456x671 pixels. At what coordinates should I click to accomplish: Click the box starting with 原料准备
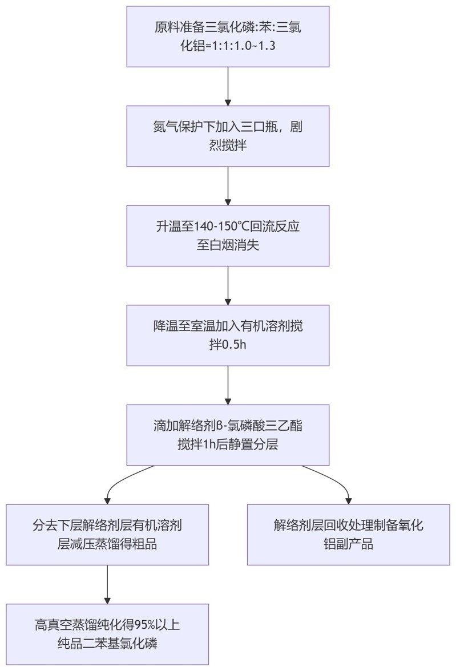click(228, 36)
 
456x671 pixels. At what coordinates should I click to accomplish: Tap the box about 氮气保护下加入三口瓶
click(228, 136)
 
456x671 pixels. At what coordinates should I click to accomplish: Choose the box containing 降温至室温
click(228, 335)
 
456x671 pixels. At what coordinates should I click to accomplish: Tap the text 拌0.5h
click(228, 345)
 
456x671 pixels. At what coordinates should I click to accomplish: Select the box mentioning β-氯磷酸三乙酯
click(228, 435)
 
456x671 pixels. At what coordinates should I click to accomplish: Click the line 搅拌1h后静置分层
click(228, 445)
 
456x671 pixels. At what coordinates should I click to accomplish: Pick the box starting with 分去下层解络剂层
click(107, 534)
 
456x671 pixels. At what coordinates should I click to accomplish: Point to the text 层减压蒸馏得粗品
click(107, 544)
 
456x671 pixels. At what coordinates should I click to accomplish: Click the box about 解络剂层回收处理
click(348, 534)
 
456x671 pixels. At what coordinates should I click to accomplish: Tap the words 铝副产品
click(348, 544)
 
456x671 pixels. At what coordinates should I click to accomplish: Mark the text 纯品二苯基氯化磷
click(107, 644)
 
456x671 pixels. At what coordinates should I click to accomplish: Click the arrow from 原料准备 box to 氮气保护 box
click(228, 86)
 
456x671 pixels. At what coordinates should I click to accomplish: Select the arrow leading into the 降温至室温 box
click(228, 285)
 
